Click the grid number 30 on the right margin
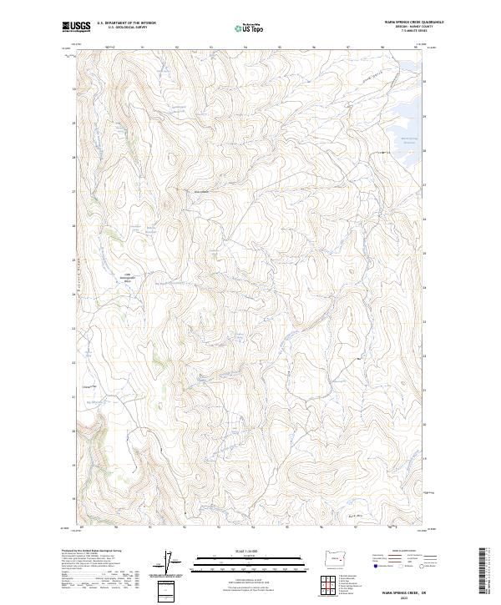(425, 82)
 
